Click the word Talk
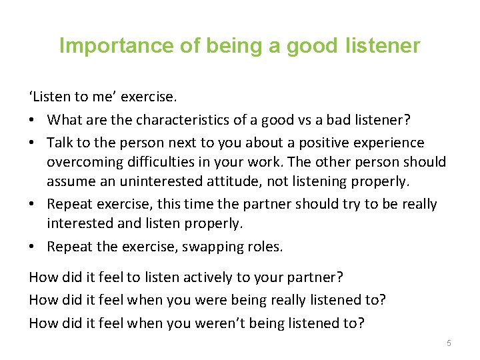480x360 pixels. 61,143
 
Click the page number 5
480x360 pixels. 449,343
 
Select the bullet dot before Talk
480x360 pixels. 34,143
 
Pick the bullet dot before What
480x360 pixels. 34,121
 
